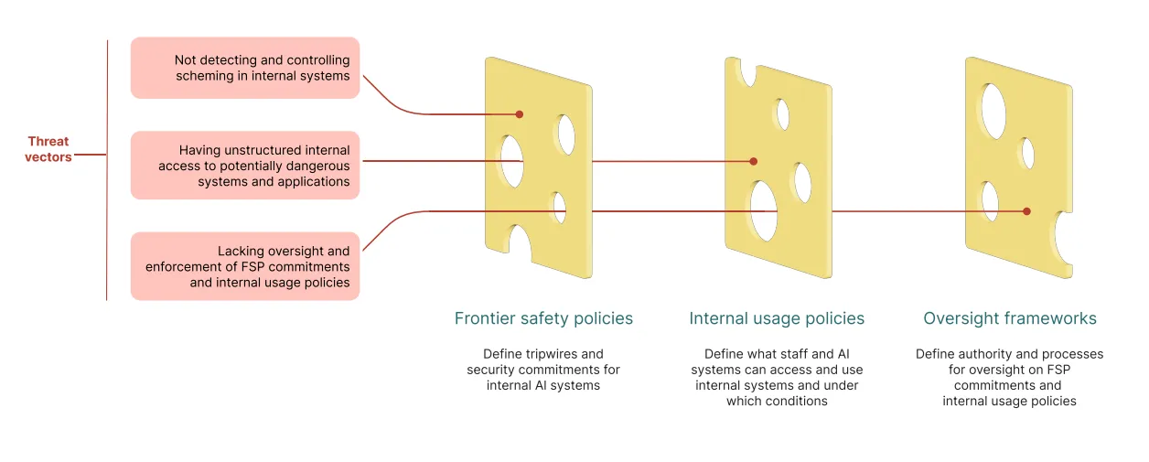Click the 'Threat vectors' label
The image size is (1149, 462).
click(x=48, y=149)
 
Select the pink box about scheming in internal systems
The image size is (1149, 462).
click(x=245, y=68)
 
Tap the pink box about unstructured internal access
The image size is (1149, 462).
click(x=245, y=165)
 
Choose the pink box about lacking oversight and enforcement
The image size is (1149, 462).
click(x=245, y=265)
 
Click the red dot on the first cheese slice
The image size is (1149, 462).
click(x=519, y=114)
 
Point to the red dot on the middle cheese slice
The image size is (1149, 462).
click(x=753, y=161)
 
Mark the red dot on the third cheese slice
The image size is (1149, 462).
click(x=1026, y=211)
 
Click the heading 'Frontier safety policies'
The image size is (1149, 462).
click(x=543, y=318)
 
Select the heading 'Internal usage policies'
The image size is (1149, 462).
click(x=777, y=318)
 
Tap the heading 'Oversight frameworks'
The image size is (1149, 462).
click(x=1010, y=318)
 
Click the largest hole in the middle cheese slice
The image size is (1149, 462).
click(x=763, y=210)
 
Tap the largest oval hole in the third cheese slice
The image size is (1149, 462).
click(x=993, y=111)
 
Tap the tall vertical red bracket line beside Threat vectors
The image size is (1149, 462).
click(x=107, y=169)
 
